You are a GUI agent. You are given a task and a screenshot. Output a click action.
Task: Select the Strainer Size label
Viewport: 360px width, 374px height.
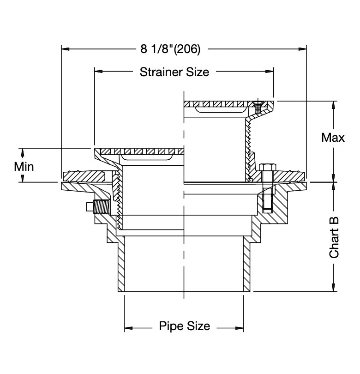click(174, 72)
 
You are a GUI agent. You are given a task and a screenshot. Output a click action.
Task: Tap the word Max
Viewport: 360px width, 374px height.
click(333, 138)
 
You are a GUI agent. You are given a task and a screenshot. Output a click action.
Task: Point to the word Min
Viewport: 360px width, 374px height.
click(24, 166)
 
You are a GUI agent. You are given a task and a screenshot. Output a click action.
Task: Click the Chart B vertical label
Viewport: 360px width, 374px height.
click(334, 237)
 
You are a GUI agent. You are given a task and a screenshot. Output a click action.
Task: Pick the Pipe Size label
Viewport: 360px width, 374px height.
click(184, 326)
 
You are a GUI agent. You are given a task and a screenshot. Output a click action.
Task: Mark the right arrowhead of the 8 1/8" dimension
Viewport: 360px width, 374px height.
click(305, 48)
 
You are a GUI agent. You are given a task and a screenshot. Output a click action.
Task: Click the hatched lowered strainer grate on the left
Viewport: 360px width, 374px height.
click(138, 151)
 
